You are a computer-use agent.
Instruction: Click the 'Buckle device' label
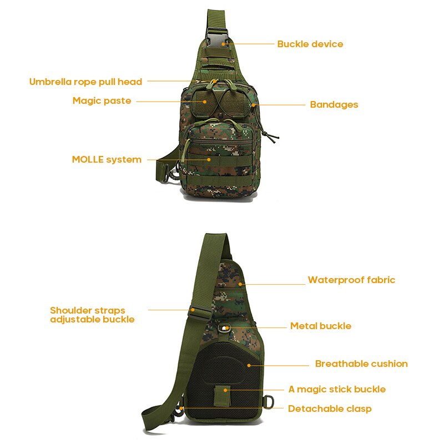310,44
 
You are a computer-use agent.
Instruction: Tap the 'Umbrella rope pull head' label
85,82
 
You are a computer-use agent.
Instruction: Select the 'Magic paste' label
102,101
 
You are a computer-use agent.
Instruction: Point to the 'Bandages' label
334,105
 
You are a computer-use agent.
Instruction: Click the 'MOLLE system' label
107,160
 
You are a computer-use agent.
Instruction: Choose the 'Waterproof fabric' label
351,280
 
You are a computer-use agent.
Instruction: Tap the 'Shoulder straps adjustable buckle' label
92,315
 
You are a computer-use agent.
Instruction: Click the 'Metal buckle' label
321,326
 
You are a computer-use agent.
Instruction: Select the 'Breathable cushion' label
361,364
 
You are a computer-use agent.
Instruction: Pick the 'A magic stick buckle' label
337,390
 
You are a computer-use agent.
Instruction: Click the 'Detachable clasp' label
330,409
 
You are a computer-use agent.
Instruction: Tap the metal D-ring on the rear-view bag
269,401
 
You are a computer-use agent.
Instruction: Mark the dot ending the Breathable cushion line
249,366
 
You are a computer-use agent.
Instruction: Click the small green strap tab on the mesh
222,396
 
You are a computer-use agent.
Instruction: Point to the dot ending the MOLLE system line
209,160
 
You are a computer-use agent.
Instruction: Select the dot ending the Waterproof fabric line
240,284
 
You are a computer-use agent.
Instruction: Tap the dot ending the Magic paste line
205,102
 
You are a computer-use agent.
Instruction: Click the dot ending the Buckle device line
224,44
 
